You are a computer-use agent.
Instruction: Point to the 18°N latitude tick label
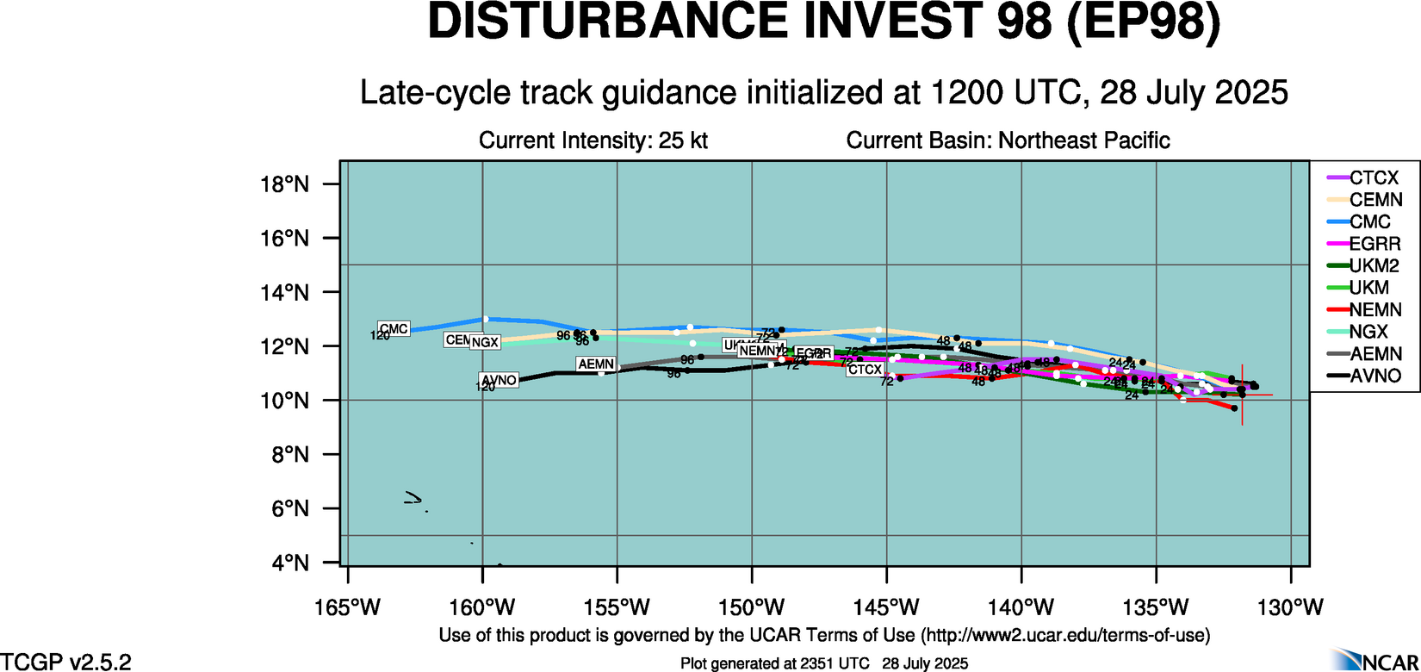click(x=284, y=184)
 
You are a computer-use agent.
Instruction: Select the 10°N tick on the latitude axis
click(x=284, y=401)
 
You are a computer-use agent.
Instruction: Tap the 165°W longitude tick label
click(x=347, y=607)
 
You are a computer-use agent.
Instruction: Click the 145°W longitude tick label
click(x=887, y=607)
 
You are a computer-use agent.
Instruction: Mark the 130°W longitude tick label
click(x=1291, y=607)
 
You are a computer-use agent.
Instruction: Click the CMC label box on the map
click(x=394, y=329)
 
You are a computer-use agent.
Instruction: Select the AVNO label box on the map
click(x=499, y=380)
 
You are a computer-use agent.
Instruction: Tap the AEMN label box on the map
click(x=596, y=364)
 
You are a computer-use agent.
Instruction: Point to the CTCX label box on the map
click(x=865, y=370)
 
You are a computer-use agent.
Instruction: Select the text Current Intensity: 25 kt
click(x=593, y=140)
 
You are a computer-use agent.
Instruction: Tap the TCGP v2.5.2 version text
click(x=66, y=662)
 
